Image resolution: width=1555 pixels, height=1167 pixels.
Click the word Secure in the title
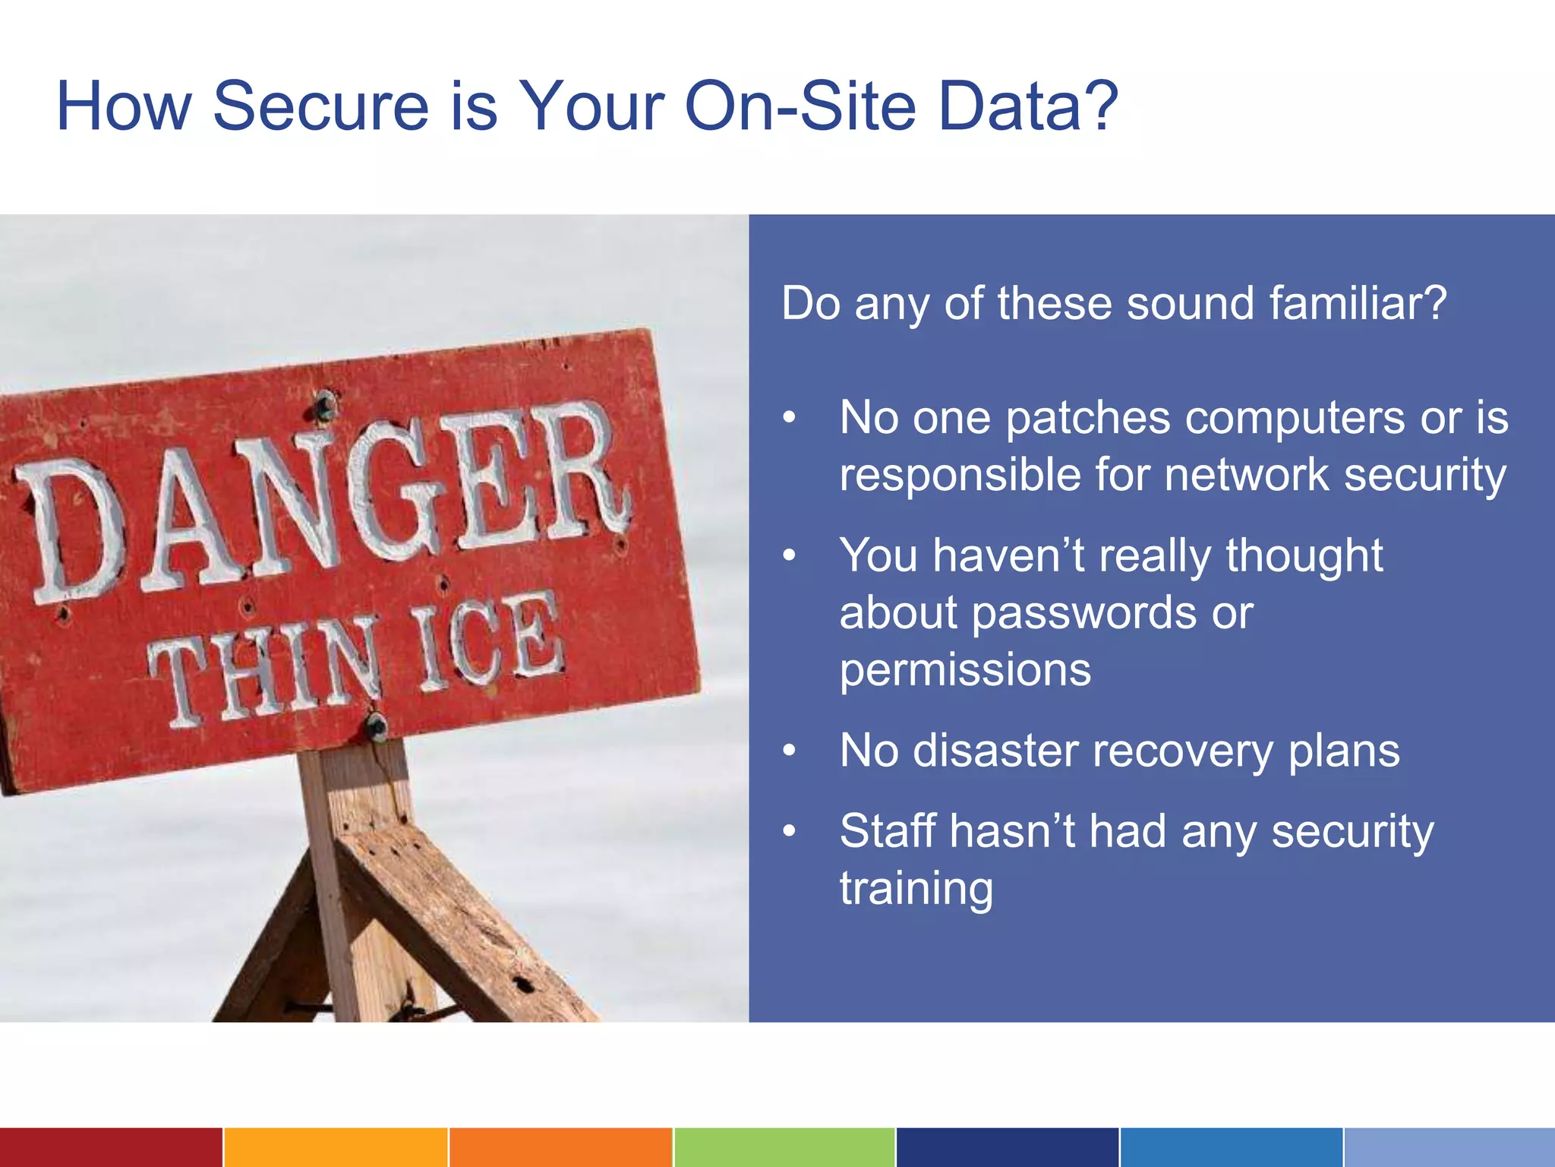coord(320,106)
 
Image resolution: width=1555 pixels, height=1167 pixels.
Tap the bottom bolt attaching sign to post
coord(377,727)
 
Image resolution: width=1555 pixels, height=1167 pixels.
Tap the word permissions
coord(965,671)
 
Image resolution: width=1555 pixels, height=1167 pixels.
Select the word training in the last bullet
coord(916,889)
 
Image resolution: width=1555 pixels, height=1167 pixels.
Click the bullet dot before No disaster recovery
coord(790,751)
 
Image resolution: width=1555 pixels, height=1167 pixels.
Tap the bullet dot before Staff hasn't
coord(790,831)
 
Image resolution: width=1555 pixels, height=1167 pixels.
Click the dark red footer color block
coord(111,1147)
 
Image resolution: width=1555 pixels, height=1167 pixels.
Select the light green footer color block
coord(784,1147)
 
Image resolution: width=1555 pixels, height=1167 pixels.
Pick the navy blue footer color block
coord(1007,1147)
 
